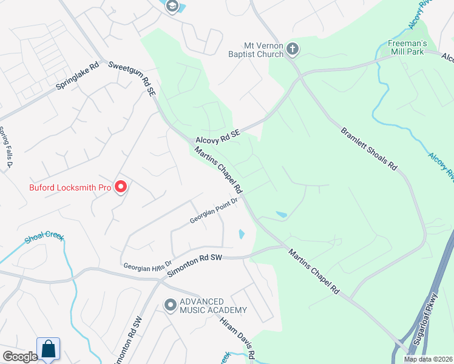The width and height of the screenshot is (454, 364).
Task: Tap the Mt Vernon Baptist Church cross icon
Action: (293, 49)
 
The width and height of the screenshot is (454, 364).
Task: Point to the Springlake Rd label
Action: (77, 77)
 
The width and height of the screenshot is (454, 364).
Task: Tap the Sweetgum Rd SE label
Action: (130, 78)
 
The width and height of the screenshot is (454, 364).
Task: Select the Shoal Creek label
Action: (44, 238)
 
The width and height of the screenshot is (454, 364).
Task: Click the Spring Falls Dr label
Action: (5, 148)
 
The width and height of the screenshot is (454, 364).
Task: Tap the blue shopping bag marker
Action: (49, 349)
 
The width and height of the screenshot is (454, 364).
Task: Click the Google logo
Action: (19, 357)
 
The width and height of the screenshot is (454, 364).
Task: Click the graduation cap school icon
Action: (171, 5)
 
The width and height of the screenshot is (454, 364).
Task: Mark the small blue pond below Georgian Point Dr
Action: (242, 234)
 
